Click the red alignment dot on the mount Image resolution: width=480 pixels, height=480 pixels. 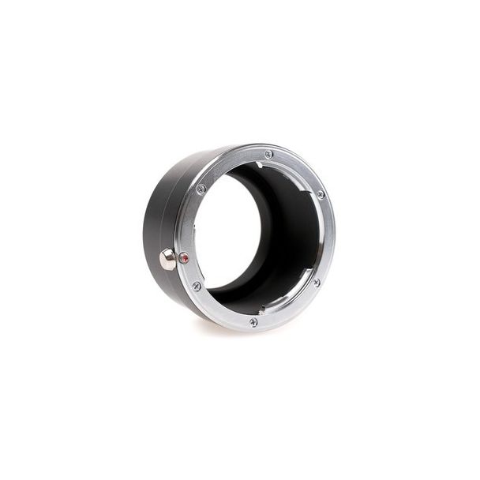tap(184, 257)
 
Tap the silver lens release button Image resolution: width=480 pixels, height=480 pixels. tap(167, 259)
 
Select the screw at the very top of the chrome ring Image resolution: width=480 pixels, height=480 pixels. tap(269, 154)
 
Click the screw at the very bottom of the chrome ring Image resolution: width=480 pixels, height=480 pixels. tap(253, 321)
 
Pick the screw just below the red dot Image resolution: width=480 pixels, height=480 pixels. tap(197, 286)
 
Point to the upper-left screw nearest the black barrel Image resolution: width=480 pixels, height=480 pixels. tap(201, 189)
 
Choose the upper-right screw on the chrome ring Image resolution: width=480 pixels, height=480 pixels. tap(320, 194)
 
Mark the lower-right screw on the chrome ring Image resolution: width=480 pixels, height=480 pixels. tap(316, 282)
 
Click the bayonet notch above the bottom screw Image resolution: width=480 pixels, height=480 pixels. tap(261, 310)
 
